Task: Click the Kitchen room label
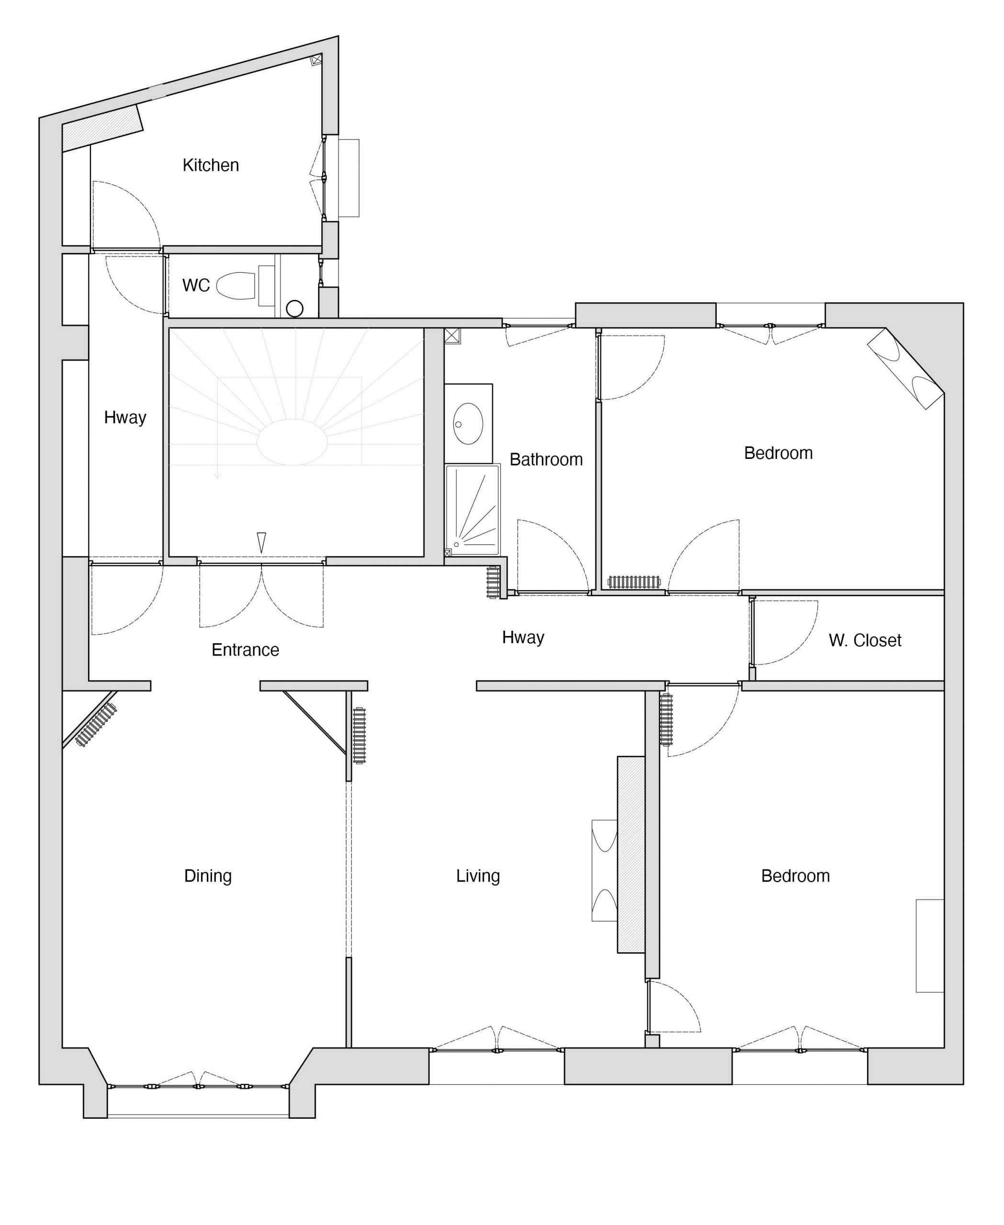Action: [211, 166]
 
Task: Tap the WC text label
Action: [196, 285]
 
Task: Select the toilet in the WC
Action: [236, 286]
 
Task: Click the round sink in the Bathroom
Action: [468, 424]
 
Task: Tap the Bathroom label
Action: [546, 459]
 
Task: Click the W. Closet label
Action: [865, 641]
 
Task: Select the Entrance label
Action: [245, 650]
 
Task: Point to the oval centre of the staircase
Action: [292, 442]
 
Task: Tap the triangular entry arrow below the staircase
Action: [261, 542]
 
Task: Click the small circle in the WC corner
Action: [295, 309]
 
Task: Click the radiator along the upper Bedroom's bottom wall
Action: [634, 582]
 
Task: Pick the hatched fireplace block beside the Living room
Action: [631, 855]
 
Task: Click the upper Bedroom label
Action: [778, 453]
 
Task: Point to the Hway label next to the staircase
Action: [125, 418]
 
